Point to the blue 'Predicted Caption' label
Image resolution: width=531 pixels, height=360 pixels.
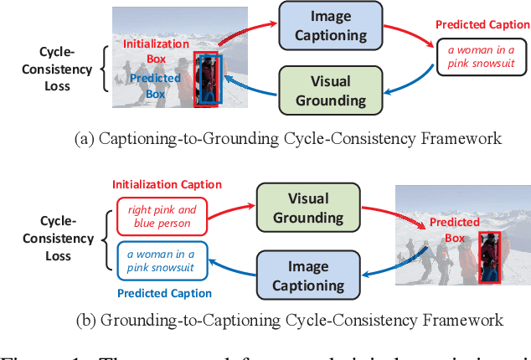tap(164, 293)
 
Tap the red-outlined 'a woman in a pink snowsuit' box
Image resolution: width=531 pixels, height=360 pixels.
tap(475, 57)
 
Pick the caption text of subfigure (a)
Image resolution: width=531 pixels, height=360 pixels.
tap(288, 139)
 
